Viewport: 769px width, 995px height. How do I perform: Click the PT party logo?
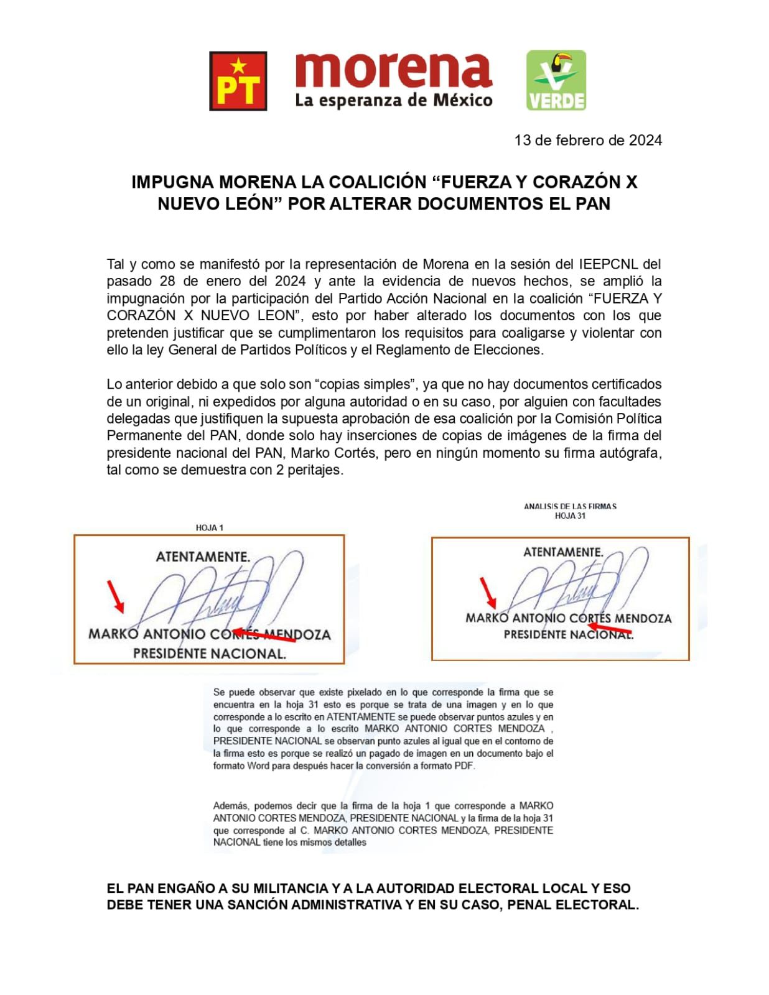pyautogui.click(x=238, y=81)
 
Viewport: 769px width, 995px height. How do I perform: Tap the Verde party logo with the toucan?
pyautogui.click(x=556, y=80)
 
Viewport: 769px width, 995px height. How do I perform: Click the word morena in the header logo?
pyautogui.click(x=393, y=71)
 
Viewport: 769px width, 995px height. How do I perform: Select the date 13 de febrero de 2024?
pyautogui.click(x=588, y=140)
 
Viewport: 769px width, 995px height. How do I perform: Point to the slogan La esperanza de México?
pyautogui.click(x=393, y=99)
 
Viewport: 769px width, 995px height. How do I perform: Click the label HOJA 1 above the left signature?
pyautogui.click(x=210, y=527)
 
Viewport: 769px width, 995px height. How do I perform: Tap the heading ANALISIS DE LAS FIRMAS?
pyautogui.click(x=570, y=506)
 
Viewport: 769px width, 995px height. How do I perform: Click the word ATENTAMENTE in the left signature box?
pyautogui.click(x=203, y=557)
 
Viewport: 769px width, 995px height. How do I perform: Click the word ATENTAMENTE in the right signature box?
pyautogui.click(x=563, y=552)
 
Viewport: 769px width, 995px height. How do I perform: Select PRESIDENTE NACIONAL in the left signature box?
pyautogui.click(x=210, y=654)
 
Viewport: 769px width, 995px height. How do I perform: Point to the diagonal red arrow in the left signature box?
pyautogui.click(x=115, y=596)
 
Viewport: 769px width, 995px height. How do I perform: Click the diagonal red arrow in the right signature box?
pyautogui.click(x=487, y=592)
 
